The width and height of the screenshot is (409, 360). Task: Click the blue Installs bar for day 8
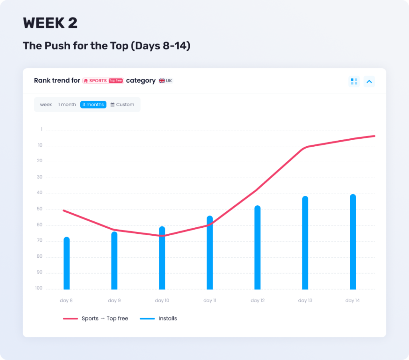point(67,264)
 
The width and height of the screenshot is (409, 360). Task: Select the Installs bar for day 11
point(210,253)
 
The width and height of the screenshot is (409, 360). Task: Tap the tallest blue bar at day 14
point(353,242)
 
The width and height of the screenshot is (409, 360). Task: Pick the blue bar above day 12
point(257,248)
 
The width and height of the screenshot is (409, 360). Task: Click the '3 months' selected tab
point(93,105)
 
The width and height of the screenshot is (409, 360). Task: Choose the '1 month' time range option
point(67,105)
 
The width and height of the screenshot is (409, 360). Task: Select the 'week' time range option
point(46,105)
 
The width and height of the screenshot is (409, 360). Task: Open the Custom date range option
point(122,105)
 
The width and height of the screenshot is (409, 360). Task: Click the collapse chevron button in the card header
point(369,82)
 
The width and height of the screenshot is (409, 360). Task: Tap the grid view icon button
point(354,82)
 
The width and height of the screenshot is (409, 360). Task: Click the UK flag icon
point(162,81)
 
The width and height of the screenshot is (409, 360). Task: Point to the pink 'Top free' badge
point(116,81)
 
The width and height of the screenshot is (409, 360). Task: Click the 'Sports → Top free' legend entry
point(96,318)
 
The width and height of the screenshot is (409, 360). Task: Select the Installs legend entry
point(159,318)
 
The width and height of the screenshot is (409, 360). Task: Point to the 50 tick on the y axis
point(39,209)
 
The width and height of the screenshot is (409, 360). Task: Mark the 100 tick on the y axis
point(38,288)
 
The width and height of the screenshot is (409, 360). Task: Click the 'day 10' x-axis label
point(162,300)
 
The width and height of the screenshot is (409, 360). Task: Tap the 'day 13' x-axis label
point(305,300)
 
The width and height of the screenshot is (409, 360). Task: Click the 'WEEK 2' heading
point(50,23)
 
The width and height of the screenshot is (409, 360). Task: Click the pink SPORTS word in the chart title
point(98,81)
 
